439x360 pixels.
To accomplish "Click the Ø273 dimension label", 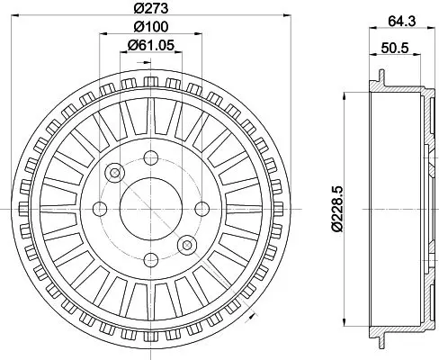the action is (x=151, y=8).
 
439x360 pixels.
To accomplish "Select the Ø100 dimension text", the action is (x=151, y=27).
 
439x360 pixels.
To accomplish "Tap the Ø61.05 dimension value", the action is (x=151, y=45).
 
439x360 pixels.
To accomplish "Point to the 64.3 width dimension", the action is (x=402, y=22).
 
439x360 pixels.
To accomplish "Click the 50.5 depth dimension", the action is (x=395, y=48).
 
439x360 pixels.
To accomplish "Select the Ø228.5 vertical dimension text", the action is (x=336, y=209).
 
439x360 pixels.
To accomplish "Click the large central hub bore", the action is (x=151, y=209).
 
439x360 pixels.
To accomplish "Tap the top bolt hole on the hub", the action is (x=151, y=157).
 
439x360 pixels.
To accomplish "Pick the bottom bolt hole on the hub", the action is (x=151, y=260).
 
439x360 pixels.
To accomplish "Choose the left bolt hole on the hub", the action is (x=100, y=209).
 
